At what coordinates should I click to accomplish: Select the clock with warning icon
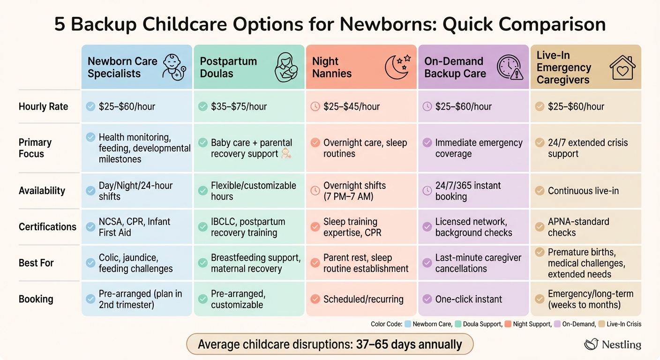point(510,67)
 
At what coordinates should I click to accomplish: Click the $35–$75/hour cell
point(239,106)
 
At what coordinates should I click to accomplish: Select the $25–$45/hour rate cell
point(351,106)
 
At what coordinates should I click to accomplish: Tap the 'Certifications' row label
point(47,227)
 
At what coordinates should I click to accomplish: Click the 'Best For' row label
point(36,263)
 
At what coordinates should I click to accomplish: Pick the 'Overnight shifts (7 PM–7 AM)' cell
point(354,191)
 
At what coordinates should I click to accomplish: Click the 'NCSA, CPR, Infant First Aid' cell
point(134,227)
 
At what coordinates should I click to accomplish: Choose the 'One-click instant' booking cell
point(468,299)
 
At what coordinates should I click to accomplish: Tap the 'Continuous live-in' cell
point(583,191)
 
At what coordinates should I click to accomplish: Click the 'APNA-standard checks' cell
point(578,227)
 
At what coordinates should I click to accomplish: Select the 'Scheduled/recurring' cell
point(363,299)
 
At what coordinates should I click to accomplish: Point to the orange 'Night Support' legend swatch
point(508,324)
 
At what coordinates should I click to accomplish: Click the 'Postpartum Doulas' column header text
point(228,67)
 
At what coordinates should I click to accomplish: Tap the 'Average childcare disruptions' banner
point(330,345)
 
